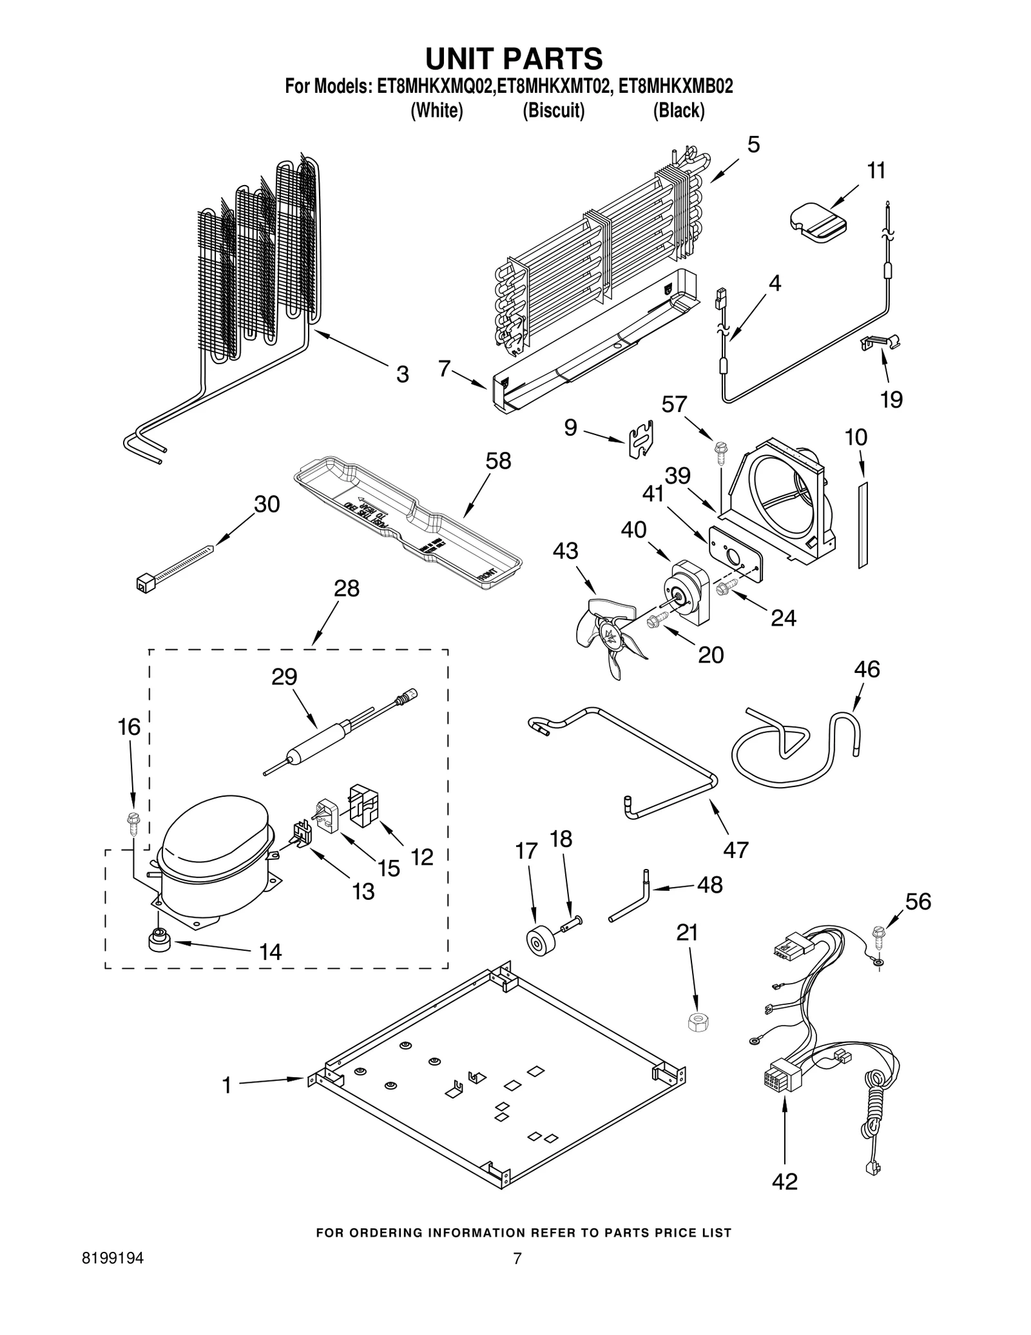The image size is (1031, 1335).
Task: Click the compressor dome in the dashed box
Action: [213, 838]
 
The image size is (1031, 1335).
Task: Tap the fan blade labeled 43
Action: [609, 635]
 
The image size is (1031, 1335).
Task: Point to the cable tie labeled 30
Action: [174, 565]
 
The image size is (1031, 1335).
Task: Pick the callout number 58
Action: [498, 461]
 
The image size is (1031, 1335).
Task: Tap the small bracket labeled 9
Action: [641, 440]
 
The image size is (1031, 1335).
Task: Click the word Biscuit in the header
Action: [554, 111]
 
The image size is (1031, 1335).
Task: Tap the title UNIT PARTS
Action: [514, 58]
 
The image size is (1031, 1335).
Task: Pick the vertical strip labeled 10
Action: [863, 524]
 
